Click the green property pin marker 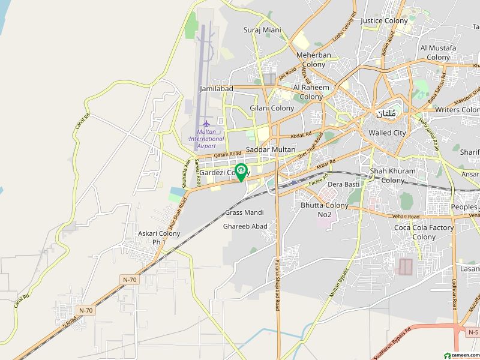(x=241, y=172)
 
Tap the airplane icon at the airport (x=206, y=124)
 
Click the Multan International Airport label (x=206, y=139)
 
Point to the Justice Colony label (x=384, y=20)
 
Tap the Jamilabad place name (x=216, y=88)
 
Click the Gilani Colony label (x=272, y=109)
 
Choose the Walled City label (x=387, y=133)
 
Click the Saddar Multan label (x=271, y=149)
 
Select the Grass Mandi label (x=244, y=212)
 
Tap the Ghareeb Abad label (x=245, y=226)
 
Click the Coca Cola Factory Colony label (x=424, y=232)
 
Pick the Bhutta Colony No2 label (x=325, y=209)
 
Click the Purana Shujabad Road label (x=277, y=288)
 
